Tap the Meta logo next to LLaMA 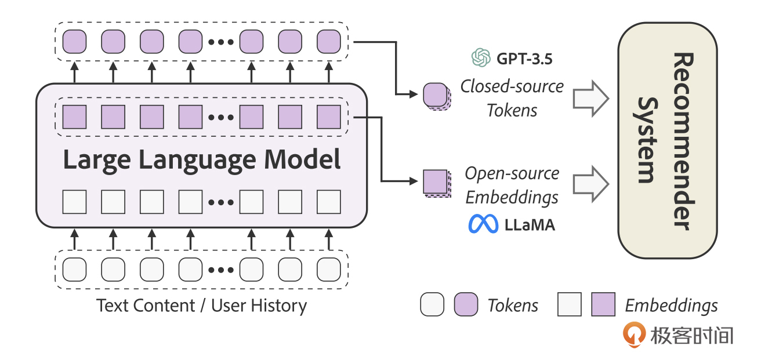click(483, 224)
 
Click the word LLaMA click(529, 225)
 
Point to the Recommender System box click(667, 141)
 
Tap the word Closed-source click(512, 86)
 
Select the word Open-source click(512, 173)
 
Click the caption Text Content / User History click(201, 306)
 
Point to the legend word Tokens click(513, 306)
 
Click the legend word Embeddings click(671, 306)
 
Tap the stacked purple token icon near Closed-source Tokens click(435, 96)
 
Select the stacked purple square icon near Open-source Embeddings click(435, 183)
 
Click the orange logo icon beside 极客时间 click(634, 335)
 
